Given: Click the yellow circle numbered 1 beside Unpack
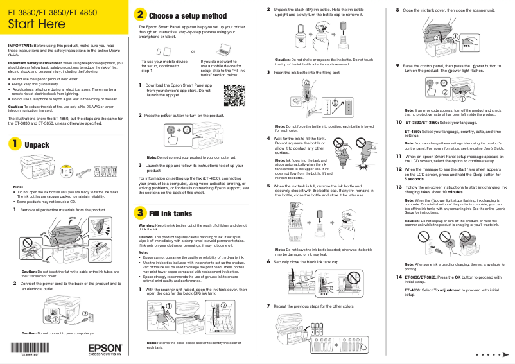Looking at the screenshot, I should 13,145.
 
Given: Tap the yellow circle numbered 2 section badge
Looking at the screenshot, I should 139,14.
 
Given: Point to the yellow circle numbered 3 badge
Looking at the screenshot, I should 139,212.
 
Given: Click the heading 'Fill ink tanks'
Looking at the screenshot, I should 170,213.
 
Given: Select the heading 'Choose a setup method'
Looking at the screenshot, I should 187,15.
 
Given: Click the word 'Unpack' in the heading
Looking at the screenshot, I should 37,146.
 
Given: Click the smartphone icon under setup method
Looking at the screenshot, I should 159,51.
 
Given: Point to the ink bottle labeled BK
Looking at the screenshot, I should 300,39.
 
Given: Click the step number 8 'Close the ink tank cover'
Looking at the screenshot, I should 397,10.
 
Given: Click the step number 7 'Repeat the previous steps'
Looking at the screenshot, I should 268,306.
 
